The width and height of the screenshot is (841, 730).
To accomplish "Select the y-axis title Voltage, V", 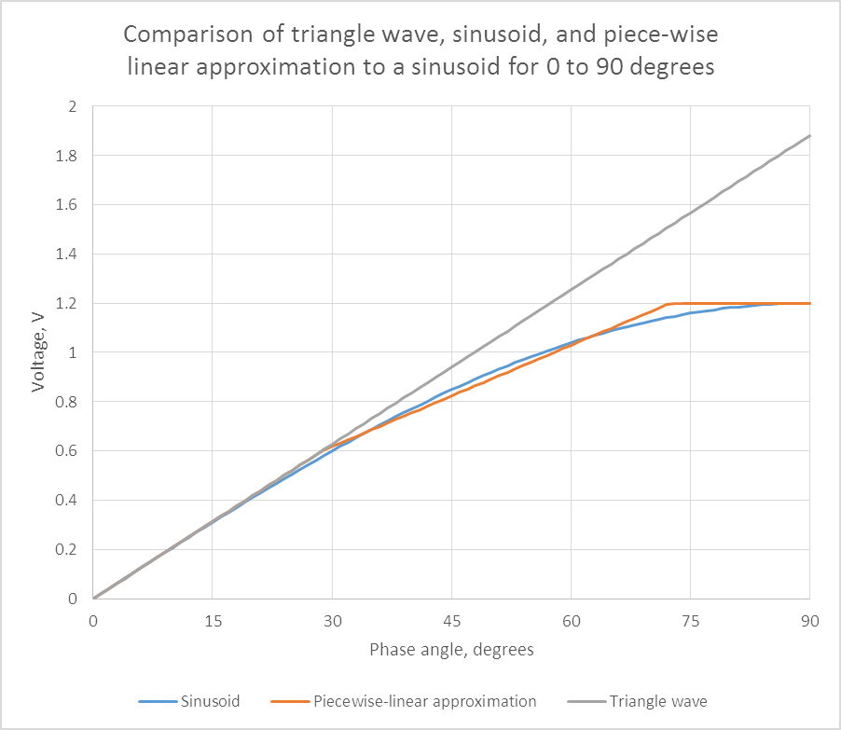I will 38,352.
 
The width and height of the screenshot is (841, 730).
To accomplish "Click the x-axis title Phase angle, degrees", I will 451,649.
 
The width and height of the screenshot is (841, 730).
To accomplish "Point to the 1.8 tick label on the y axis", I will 66,156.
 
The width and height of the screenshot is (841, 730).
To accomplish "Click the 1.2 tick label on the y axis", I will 66,303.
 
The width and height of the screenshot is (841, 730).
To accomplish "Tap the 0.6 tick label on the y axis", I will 66,450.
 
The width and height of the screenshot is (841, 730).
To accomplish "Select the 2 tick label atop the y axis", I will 74,106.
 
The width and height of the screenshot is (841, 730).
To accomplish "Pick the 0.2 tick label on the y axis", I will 66,549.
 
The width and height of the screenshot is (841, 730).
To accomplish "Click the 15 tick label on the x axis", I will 213,620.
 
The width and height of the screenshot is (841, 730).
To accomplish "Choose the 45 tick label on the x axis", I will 451,620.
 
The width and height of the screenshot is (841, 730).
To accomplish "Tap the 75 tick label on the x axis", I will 690,620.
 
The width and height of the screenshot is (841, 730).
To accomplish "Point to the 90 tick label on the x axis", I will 809,620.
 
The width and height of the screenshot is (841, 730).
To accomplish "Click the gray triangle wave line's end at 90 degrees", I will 808,136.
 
